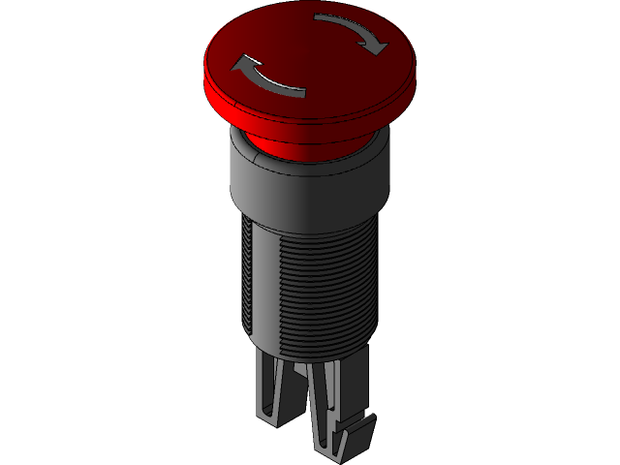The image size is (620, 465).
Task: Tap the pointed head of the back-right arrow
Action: point(379,46)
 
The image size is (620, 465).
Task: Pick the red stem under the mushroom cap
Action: point(310,145)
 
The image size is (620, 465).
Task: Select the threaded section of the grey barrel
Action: point(320,281)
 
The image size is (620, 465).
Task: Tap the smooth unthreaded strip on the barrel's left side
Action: point(244,281)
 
